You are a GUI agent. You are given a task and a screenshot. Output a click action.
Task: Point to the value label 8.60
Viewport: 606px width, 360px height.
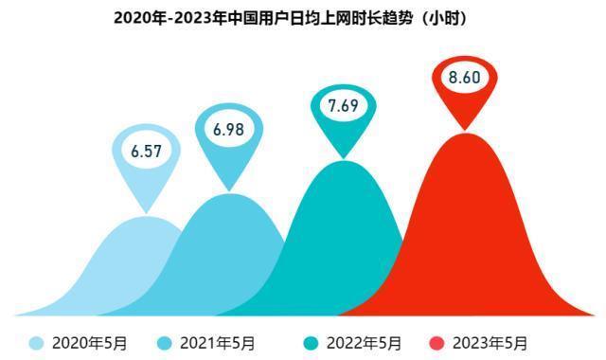(x=465, y=78)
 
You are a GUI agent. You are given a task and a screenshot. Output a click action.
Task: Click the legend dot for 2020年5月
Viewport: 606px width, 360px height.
(x=36, y=342)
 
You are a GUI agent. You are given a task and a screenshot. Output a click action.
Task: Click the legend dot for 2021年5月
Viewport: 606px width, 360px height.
(x=163, y=342)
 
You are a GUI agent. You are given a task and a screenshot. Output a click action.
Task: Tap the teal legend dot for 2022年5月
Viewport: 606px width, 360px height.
(x=309, y=342)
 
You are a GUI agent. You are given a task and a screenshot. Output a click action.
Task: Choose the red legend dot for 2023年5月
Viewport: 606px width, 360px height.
(x=437, y=342)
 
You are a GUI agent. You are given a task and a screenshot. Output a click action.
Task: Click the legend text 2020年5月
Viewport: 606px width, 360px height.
(x=89, y=342)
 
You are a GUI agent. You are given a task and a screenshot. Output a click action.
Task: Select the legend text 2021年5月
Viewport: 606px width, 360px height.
(x=217, y=342)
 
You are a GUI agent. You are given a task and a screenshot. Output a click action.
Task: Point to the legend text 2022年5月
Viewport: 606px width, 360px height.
(x=363, y=342)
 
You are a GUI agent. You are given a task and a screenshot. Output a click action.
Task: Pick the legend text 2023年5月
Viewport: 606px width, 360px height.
(x=490, y=342)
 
